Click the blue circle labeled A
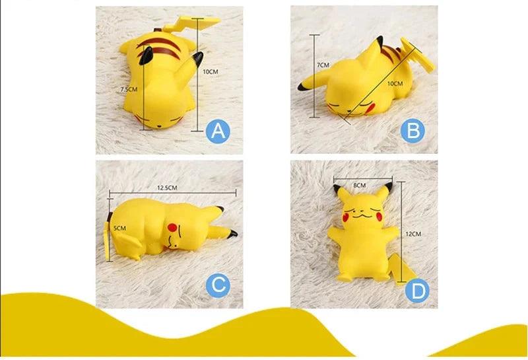coord(218,131)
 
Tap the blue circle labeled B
coord(412,131)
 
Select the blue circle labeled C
coord(218,285)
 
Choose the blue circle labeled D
coord(417,290)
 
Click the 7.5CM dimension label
coord(129,89)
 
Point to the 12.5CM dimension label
coord(167,188)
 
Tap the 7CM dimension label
coord(323,65)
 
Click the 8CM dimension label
coord(359,185)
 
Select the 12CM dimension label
coord(413,234)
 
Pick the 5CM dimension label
coord(119,228)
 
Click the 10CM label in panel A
coord(210,71)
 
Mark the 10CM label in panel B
coord(395,83)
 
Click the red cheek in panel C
coord(172,227)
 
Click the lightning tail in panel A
coord(189,23)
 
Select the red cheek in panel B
coord(370,109)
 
